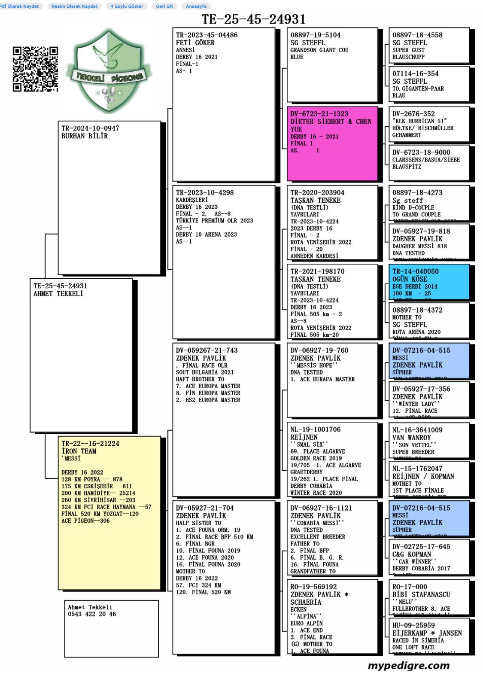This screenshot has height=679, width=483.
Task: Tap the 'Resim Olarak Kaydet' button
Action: click(x=75, y=6)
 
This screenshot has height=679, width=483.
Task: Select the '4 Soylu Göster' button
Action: click(x=126, y=6)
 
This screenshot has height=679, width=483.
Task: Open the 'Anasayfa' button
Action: click(x=196, y=6)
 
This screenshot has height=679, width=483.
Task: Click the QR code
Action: click(x=36, y=69)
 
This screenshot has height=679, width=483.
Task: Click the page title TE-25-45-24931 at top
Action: click(x=254, y=19)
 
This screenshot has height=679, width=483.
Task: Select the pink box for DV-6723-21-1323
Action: click(x=332, y=143)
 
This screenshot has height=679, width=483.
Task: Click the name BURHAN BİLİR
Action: click(x=85, y=136)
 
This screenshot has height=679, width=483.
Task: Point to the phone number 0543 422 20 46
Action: click(x=92, y=614)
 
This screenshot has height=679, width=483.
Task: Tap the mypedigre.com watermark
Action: click(x=408, y=666)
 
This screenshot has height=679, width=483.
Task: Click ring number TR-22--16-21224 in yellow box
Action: click(x=90, y=444)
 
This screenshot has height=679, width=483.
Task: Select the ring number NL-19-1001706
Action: click(x=316, y=429)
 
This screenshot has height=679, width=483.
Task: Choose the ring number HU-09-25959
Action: click(x=413, y=625)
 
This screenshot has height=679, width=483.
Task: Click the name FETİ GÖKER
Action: click(x=195, y=43)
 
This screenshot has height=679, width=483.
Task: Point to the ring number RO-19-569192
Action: click(x=313, y=587)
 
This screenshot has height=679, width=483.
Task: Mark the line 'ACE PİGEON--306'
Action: click(x=85, y=521)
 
